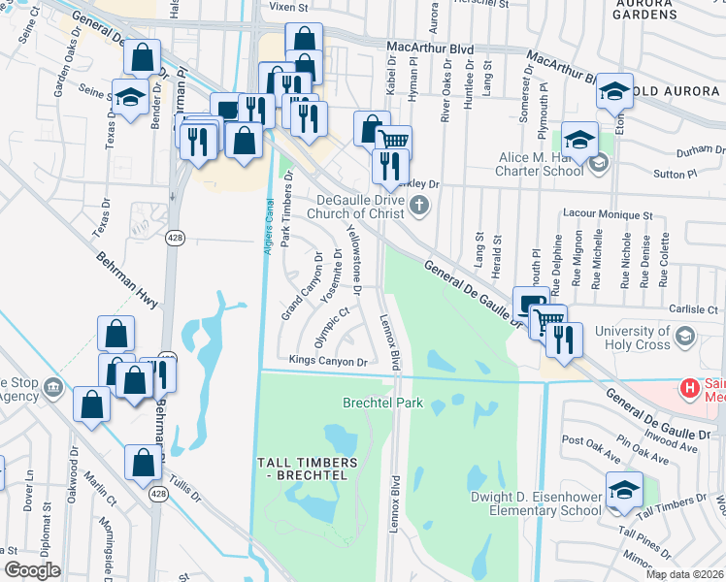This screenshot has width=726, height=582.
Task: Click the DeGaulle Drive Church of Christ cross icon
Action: pos(419,204)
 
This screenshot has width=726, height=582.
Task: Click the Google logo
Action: pos(32,570)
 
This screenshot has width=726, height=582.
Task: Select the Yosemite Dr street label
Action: pos(332,276)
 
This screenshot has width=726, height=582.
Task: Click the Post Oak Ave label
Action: pos(591,449)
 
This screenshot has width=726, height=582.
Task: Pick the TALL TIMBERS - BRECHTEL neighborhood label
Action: pos(304,469)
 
